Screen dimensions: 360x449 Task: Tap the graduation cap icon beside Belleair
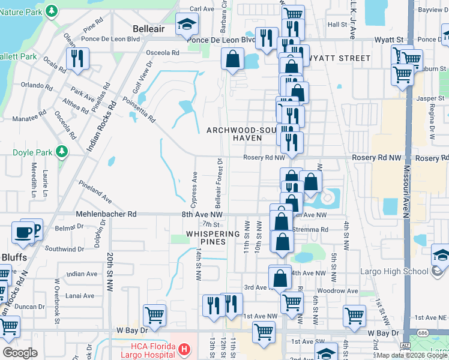point(187,25)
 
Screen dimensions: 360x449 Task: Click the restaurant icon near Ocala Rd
point(77,59)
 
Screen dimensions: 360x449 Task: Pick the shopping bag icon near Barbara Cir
point(232,59)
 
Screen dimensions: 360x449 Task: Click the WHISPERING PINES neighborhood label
point(205,238)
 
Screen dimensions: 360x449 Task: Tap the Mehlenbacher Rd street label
point(107,214)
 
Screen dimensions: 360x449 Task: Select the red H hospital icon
point(185,348)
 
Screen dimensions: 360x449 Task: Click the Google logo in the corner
point(20,353)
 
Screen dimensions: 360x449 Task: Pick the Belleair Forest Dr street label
point(219,180)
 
